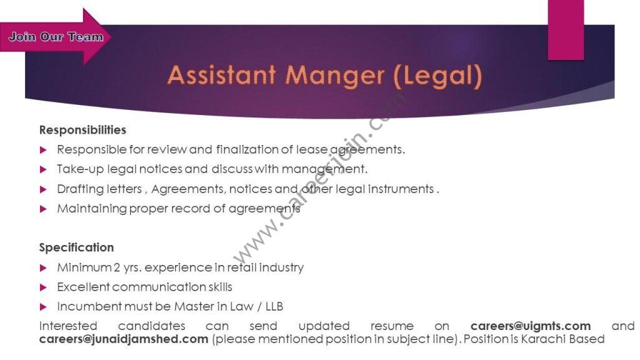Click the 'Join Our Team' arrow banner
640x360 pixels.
55,37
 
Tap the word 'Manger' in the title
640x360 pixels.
335,76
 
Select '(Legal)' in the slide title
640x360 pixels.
437,76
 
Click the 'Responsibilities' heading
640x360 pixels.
82,130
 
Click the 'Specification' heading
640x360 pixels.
76,247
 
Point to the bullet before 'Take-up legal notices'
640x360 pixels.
43,169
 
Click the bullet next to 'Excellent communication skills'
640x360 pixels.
43,287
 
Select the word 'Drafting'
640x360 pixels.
78,189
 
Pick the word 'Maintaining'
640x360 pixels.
92,209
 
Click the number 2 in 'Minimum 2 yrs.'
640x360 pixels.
117,267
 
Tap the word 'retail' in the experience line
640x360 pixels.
241,267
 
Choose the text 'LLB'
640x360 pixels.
274,306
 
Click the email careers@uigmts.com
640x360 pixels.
531,326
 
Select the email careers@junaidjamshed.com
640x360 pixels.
124,339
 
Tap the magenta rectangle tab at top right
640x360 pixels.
566,30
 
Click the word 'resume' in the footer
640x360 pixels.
392,326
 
